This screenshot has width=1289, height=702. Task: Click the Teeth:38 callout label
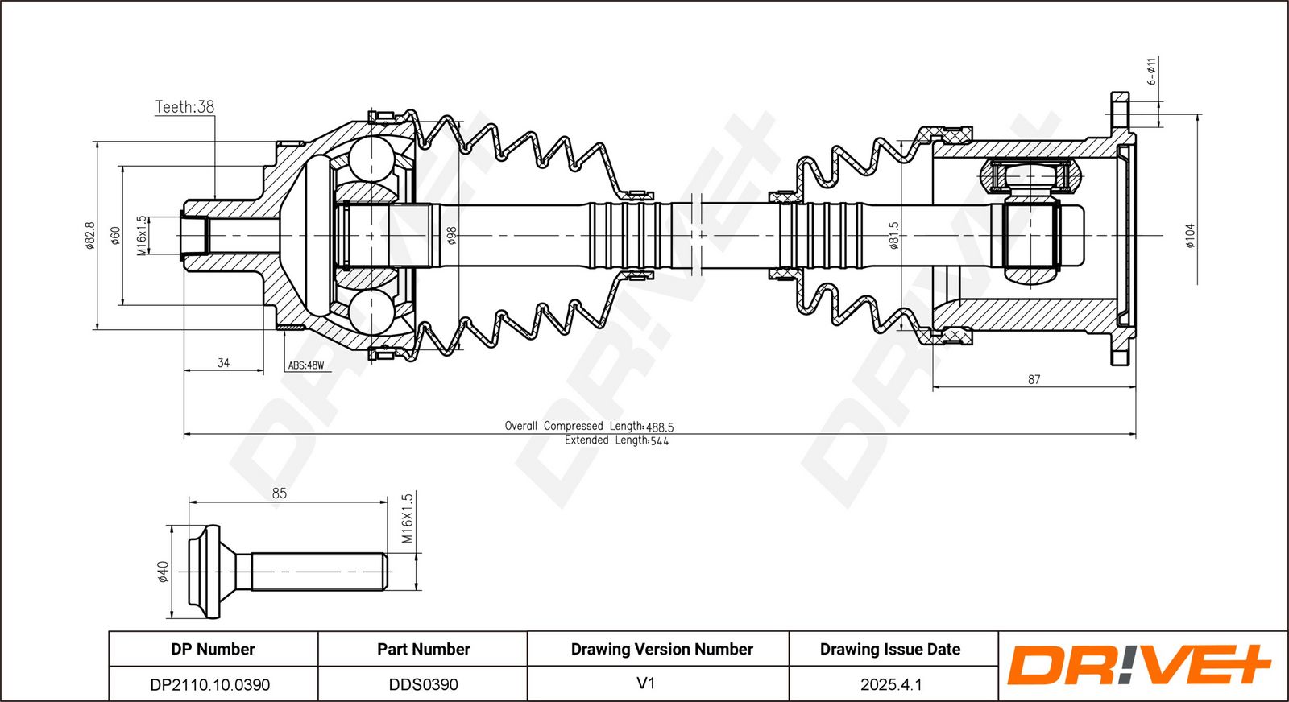pyautogui.click(x=184, y=107)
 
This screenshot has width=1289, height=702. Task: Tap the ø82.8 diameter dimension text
pyautogui.click(x=89, y=236)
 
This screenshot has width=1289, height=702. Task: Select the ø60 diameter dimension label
pyautogui.click(x=116, y=236)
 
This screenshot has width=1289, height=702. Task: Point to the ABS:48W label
pyautogui.click(x=306, y=365)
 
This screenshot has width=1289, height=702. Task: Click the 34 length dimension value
pyautogui.click(x=223, y=363)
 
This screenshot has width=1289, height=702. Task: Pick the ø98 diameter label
pyautogui.click(x=452, y=236)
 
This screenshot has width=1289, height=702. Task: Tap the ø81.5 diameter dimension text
pyautogui.click(x=893, y=236)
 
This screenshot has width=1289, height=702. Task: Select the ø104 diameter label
pyautogui.click(x=1190, y=236)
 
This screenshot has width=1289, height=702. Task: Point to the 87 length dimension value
pyautogui.click(x=1034, y=379)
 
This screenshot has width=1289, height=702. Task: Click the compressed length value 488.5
pyautogui.click(x=660, y=427)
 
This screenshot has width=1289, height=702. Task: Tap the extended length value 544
pyautogui.click(x=660, y=441)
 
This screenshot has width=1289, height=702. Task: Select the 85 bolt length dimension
pyautogui.click(x=279, y=493)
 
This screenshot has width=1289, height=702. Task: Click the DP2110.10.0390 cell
pyautogui.click(x=210, y=685)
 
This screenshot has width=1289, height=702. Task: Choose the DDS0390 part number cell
pyautogui.click(x=424, y=685)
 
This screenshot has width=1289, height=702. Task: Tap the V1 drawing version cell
pyautogui.click(x=645, y=683)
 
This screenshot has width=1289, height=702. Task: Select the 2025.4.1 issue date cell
pyautogui.click(x=891, y=685)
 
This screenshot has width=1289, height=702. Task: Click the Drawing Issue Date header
pyautogui.click(x=890, y=649)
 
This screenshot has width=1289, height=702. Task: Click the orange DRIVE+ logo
pyautogui.click(x=1138, y=665)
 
